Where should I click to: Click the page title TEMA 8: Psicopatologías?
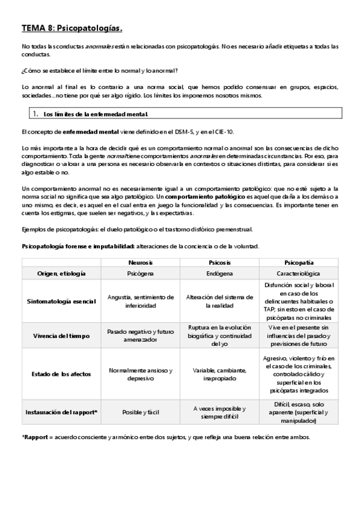72,28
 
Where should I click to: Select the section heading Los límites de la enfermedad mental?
96,114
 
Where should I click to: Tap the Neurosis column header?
140,263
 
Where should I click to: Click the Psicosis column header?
221,263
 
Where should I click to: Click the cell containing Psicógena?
140,273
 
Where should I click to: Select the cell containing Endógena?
221,273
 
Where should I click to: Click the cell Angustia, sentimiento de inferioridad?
140,301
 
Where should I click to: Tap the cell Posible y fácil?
140,412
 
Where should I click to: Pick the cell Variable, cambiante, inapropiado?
221,373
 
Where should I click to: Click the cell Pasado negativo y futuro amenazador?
140,336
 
